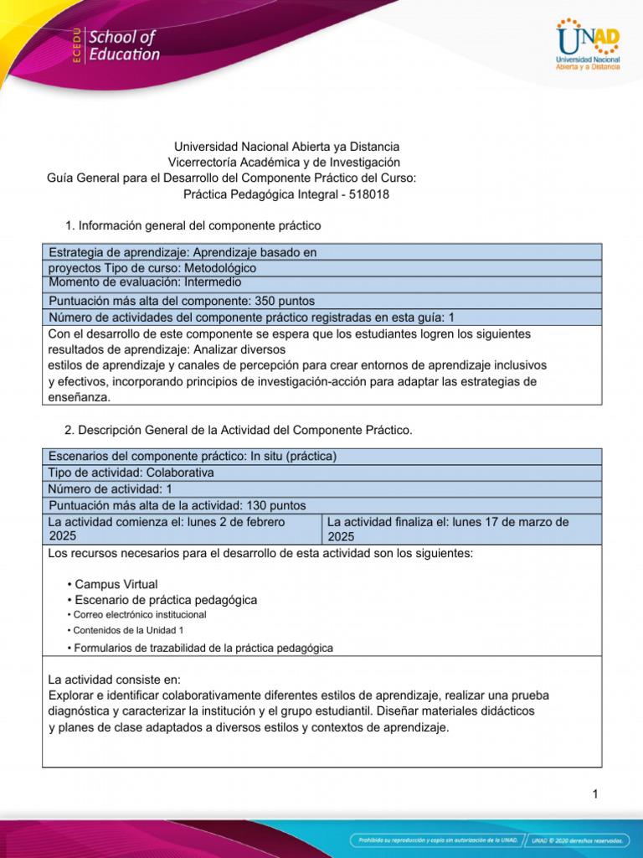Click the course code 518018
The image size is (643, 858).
click(x=369, y=194)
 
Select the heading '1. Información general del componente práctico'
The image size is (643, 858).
click(x=193, y=225)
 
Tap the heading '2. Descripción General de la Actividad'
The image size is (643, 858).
click(x=238, y=430)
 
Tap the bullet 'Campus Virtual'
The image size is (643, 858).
click(x=116, y=584)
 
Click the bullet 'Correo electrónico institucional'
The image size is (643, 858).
click(x=140, y=614)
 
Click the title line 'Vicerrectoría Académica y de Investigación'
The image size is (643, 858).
click(x=284, y=163)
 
